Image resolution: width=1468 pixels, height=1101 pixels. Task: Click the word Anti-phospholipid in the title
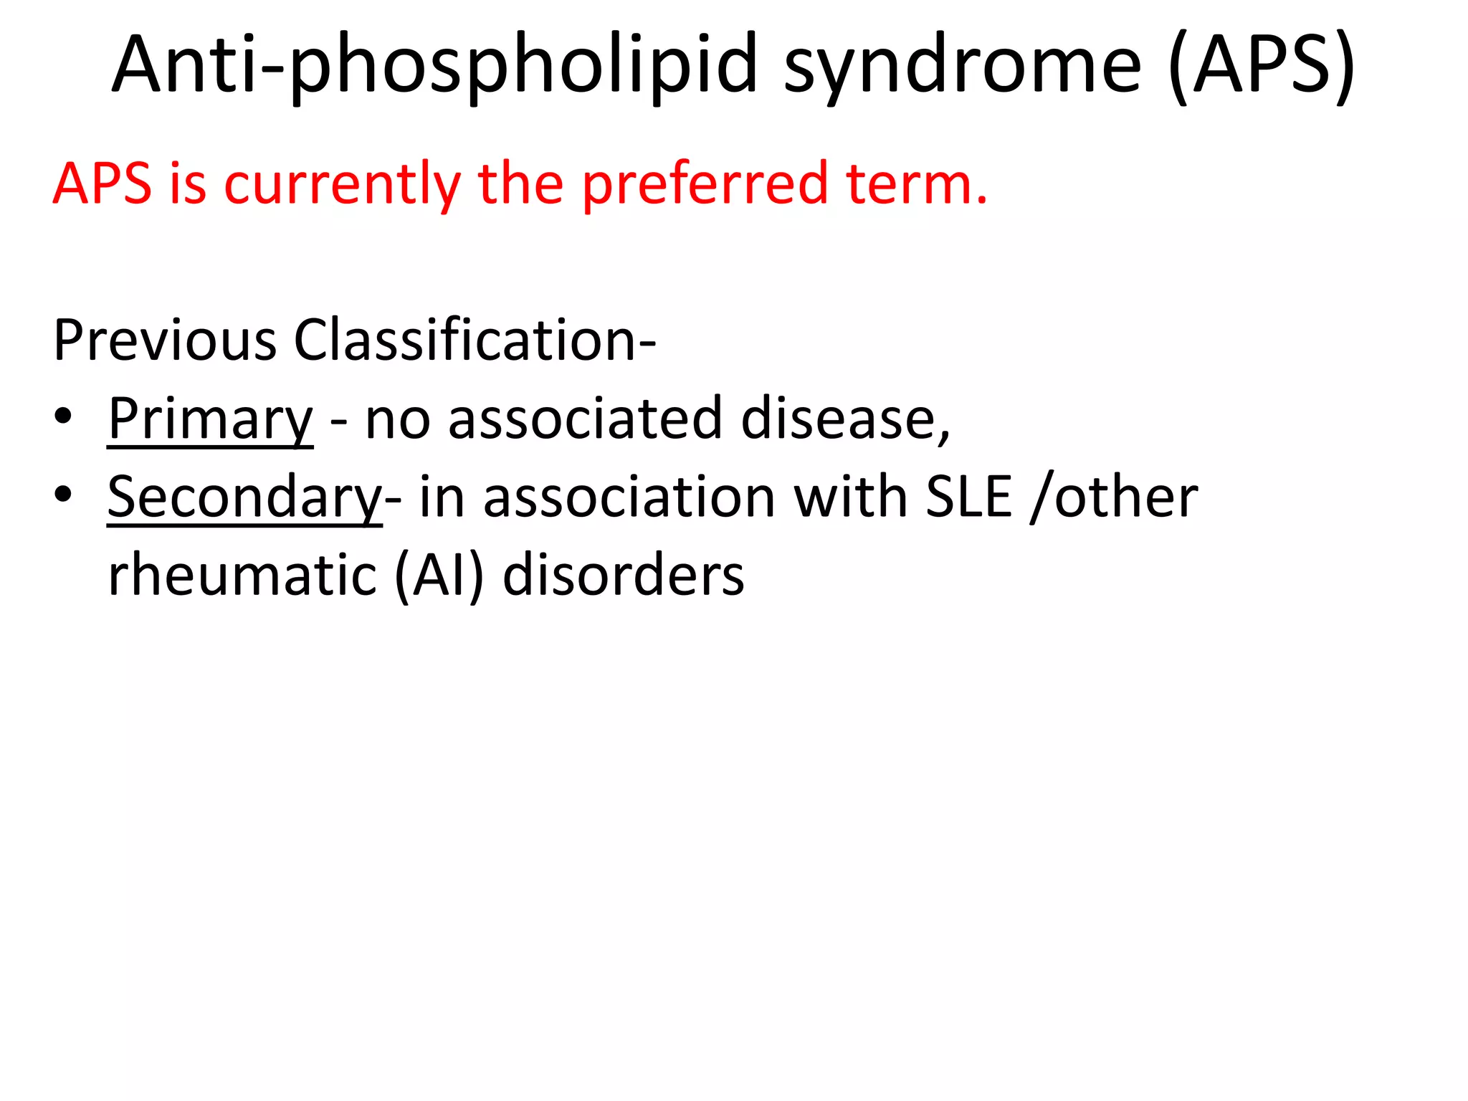pos(434,66)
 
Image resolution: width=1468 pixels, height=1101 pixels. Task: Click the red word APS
pos(102,183)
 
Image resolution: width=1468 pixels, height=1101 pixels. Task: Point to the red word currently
pos(343,185)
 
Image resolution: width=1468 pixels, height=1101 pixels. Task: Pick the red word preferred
pos(705,185)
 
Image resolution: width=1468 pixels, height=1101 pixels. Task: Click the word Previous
pos(165,340)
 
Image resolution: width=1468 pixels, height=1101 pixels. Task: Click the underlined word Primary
pos(210,420)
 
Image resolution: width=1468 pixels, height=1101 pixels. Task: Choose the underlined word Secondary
pos(244,497)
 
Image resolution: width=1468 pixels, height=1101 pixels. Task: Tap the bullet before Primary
pos(63,417)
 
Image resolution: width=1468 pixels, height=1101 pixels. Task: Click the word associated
pos(585,419)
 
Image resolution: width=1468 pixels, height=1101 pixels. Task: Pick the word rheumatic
pos(242,576)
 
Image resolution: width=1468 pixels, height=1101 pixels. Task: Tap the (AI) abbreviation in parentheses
pos(439,576)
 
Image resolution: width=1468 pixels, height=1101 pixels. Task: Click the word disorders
pos(624,576)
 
